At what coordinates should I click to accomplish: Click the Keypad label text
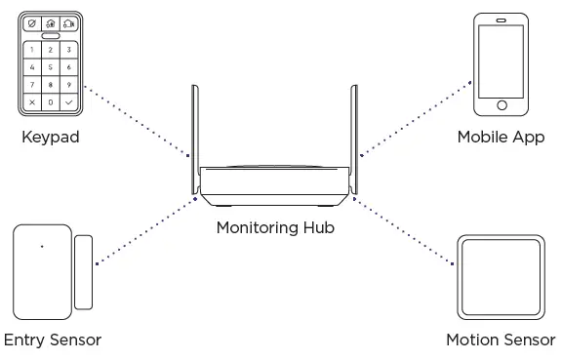[51, 138]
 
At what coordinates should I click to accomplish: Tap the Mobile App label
[501, 138]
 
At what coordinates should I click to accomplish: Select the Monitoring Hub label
[274, 228]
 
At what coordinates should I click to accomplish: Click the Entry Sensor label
[52, 340]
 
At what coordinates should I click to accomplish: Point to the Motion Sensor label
[501, 340]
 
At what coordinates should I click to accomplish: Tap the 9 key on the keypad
[68, 85]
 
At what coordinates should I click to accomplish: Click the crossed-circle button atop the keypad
[32, 22]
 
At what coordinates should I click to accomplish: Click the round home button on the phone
[502, 104]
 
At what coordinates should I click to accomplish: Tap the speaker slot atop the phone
[502, 21]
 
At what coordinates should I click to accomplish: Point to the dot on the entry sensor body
[41, 246]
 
